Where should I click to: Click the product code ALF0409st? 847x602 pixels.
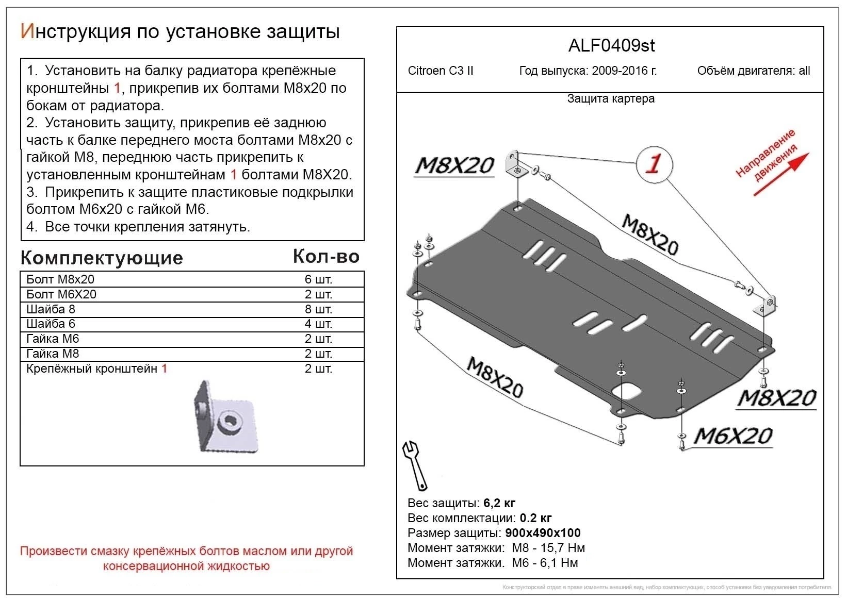point(611,46)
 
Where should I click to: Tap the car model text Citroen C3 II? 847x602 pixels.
point(441,71)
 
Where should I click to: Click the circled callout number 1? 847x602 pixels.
point(654,164)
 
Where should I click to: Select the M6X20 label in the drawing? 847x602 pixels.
point(732,436)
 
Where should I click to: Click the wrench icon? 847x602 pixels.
point(415,465)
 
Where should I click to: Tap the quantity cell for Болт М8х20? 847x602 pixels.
point(318,279)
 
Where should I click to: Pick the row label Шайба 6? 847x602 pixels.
point(51,324)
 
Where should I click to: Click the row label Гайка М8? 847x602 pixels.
point(53,354)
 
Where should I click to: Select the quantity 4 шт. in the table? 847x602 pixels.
point(318,324)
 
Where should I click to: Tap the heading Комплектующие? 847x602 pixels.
point(102,258)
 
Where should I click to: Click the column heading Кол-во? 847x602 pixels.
point(326,256)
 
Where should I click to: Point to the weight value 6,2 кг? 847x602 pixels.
point(499,503)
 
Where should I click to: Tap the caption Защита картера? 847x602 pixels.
point(611,98)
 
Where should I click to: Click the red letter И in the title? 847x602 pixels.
point(27,31)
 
